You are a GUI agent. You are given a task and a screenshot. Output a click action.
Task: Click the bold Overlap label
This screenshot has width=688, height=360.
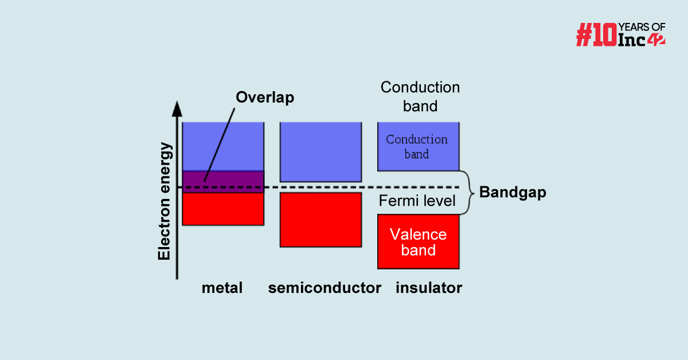265,97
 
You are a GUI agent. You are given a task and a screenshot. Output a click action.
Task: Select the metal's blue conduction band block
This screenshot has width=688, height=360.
223,146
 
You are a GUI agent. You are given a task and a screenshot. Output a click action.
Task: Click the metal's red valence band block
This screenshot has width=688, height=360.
223,209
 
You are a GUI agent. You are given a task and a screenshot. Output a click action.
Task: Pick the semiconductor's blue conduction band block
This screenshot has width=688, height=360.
320,151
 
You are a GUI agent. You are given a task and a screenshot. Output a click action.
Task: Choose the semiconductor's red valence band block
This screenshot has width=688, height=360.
320,220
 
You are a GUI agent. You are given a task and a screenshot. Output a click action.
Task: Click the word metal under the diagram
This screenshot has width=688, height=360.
222,288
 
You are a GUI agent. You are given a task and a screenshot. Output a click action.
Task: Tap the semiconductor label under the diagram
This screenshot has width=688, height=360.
325,288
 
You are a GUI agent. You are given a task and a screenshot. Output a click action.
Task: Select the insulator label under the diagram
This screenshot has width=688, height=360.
429,288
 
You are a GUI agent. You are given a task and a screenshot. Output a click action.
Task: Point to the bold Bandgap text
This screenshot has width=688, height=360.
513,193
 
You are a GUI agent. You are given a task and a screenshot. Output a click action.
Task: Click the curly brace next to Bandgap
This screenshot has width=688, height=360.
469,193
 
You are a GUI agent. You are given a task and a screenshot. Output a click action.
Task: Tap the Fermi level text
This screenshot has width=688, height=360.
417,201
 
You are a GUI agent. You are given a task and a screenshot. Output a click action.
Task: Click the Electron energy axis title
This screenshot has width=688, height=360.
165,201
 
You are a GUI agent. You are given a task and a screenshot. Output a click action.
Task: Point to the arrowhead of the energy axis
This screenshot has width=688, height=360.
178,108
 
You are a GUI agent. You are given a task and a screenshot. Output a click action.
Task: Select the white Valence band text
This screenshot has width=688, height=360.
418,242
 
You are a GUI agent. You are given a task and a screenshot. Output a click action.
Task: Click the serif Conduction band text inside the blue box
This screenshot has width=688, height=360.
417,146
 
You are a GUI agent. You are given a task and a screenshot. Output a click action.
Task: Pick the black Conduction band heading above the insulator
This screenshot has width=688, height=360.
420,96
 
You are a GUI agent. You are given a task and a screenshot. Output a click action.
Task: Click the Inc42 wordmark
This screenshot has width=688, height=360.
641,40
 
